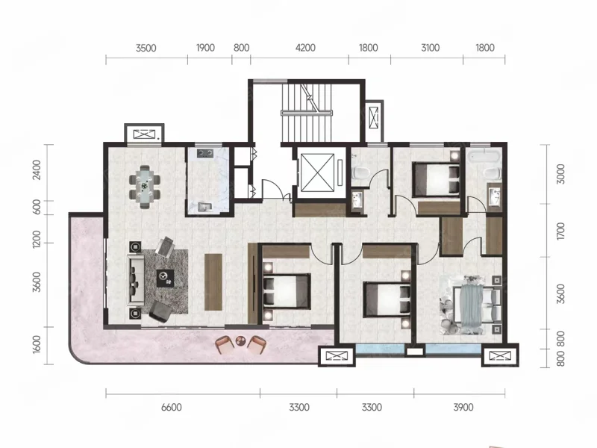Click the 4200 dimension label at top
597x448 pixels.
click(x=305, y=48)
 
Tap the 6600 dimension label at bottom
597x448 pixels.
click(x=172, y=407)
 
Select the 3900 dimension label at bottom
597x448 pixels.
click(x=463, y=407)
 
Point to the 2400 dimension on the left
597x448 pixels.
click(x=37, y=170)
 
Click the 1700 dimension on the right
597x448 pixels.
click(x=560, y=231)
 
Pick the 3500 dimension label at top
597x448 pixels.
click(x=146, y=48)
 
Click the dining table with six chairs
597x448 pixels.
click(x=144, y=187)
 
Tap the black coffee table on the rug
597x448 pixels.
click(x=166, y=278)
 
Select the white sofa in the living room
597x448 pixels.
click(x=136, y=281)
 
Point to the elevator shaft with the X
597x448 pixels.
click(x=317, y=172)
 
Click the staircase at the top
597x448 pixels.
click(x=307, y=113)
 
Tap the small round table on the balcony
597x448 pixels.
click(x=240, y=340)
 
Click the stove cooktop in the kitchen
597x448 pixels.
click(x=204, y=153)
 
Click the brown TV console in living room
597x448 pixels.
click(x=213, y=281)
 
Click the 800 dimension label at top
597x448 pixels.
click(x=241, y=48)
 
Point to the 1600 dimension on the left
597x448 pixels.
click(x=37, y=344)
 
